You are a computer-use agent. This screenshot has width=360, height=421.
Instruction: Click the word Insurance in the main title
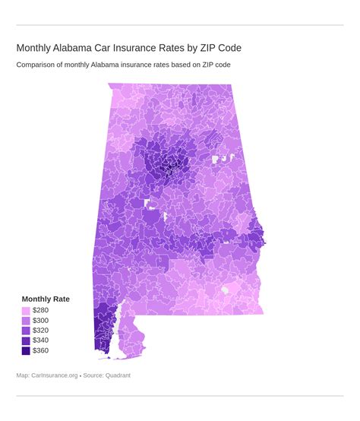(137, 48)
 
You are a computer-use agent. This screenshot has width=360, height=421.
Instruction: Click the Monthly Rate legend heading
(46, 299)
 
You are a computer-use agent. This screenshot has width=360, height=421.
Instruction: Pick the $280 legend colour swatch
(26, 311)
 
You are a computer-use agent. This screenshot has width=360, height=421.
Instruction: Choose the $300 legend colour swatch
(26, 321)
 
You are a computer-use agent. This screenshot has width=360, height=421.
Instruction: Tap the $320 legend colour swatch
(26, 331)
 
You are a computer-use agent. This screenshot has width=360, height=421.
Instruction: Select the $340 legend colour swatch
(26, 340)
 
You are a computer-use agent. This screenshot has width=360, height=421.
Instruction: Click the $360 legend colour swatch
(26, 350)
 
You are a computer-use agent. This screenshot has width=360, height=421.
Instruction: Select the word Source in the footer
(92, 375)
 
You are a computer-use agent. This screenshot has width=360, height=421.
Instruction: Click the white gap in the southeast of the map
(225, 290)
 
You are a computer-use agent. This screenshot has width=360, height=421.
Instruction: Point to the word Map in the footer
(23, 375)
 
